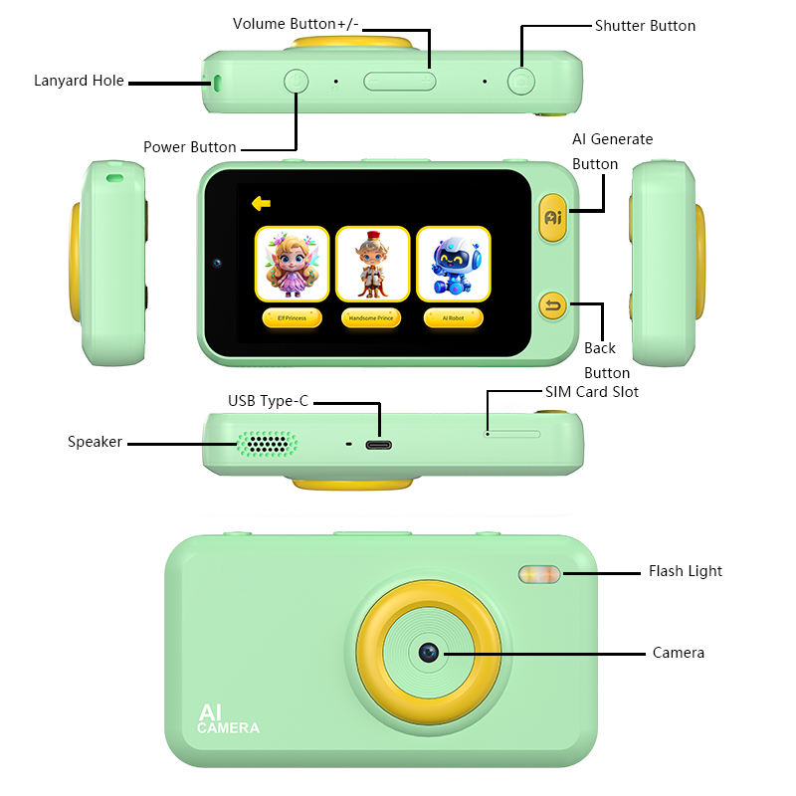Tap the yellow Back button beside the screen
coord(552,305)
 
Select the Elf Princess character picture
coord(292,264)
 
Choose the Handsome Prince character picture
coord(372,264)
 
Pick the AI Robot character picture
coord(453,264)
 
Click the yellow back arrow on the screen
coord(261,203)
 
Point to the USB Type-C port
coord(378,444)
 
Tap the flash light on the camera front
coord(538,574)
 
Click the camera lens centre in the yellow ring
coord(429,653)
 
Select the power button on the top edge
coord(296,81)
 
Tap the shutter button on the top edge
coord(519,81)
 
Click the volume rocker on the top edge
coord(399,81)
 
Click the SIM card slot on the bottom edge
coord(513,434)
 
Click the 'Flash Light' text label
coord(685,571)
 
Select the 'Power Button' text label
coord(189,147)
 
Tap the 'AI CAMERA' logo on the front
coord(227,719)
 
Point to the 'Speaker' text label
coord(95,442)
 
